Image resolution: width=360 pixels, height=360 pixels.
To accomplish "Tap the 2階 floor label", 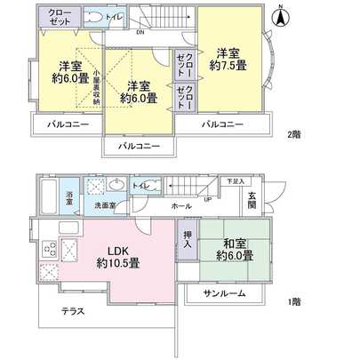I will [x=292, y=135].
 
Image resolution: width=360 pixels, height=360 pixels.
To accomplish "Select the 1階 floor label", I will [x=292, y=300].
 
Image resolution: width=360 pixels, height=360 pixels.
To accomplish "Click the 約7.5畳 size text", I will [x=228, y=65].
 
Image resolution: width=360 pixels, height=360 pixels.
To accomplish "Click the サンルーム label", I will [x=227, y=293].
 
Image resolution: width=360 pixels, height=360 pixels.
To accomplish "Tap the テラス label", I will [x=73, y=311].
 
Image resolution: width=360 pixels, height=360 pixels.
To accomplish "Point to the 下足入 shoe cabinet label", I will [x=233, y=180].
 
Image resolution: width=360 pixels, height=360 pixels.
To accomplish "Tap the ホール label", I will [x=180, y=205].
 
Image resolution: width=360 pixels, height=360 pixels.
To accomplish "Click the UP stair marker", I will [x=208, y=198].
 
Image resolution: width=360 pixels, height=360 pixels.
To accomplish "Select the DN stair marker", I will [x=140, y=35].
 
